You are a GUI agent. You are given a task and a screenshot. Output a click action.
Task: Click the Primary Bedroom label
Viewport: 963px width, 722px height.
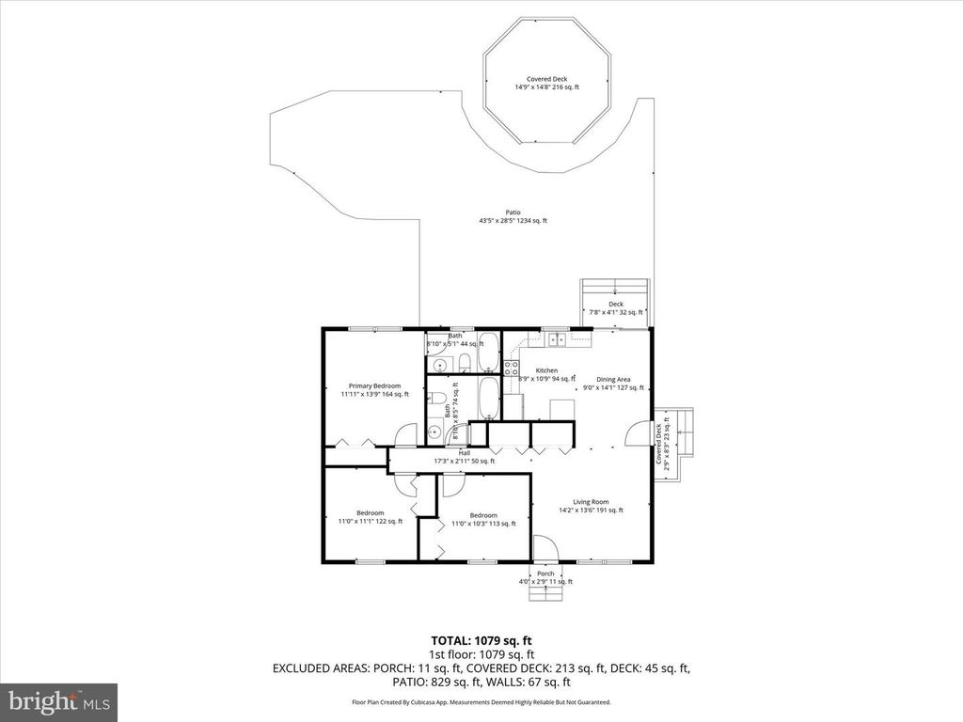pyautogui.click(x=374, y=386)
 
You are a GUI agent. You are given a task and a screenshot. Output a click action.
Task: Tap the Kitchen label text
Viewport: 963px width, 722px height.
pyautogui.click(x=546, y=370)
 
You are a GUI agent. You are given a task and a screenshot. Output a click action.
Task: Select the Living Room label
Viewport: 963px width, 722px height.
pyautogui.click(x=592, y=502)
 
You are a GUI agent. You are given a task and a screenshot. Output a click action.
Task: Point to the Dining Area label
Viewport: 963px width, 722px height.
pyautogui.click(x=613, y=379)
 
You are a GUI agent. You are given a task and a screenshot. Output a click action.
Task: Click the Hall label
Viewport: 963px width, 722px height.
pyautogui.click(x=464, y=453)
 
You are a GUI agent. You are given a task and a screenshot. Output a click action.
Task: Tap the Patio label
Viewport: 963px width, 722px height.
pyautogui.click(x=513, y=212)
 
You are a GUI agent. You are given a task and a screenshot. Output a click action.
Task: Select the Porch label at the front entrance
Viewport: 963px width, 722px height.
pyautogui.click(x=545, y=573)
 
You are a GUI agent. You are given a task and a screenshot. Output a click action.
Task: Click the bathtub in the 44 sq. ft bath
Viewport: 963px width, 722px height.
pyautogui.click(x=489, y=353)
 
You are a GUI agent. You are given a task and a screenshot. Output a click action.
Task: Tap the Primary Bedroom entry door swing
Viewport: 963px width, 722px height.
pyautogui.click(x=405, y=435)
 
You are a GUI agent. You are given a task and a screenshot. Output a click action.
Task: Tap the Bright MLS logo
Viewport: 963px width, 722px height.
pyautogui.click(x=58, y=701)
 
